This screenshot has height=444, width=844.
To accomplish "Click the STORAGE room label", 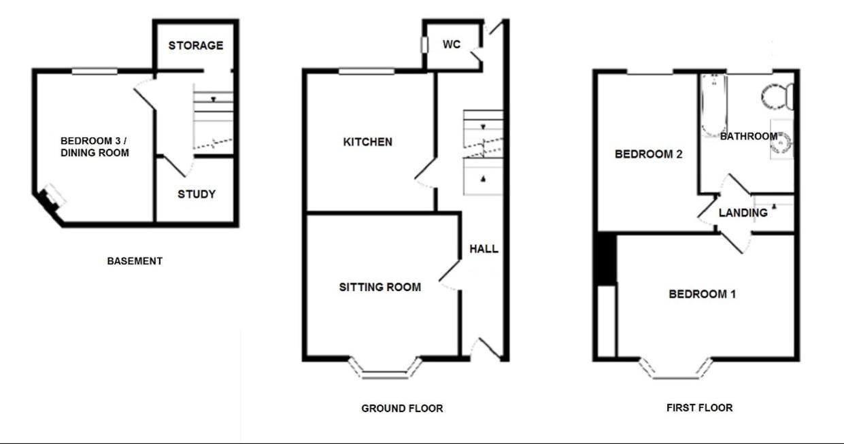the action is (x=196, y=46).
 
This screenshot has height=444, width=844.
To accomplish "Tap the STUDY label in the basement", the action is (x=197, y=194).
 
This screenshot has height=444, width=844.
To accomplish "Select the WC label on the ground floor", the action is (x=452, y=44).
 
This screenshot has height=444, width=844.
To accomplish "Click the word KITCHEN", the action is (x=368, y=142).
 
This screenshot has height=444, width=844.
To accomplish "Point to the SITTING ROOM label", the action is (x=379, y=288).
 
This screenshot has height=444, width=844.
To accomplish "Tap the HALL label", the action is (x=484, y=249).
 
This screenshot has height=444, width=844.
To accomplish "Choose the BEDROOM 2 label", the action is (x=648, y=154).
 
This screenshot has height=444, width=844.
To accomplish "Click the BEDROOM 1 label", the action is (x=702, y=294).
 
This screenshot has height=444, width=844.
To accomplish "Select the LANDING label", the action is (x=743, y=213).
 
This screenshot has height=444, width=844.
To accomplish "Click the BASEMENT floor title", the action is (x=135, y=261).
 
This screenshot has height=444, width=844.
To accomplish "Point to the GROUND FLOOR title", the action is (x=402, y=408).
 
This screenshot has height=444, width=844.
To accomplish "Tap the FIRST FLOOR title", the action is (x=699, y=407).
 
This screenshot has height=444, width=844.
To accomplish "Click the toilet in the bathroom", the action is (x=777, y=97).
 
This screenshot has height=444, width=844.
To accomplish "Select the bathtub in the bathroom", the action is (x=713, y=105).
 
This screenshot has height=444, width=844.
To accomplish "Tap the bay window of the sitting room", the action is (x=385, y=371).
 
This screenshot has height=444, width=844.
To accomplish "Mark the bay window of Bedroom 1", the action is (x=676, y=372).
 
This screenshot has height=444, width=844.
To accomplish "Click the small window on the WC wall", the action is (x=424, y=45).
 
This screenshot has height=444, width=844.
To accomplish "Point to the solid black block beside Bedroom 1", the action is (x=607, y=259).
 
